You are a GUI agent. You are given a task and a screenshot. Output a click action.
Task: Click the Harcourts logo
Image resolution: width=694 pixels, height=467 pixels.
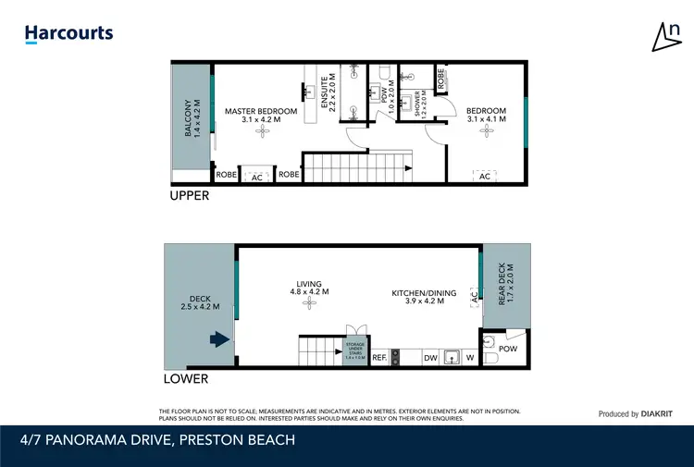pos(68,33)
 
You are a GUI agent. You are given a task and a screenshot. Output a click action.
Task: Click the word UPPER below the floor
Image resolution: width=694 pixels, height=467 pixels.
pos(189,196)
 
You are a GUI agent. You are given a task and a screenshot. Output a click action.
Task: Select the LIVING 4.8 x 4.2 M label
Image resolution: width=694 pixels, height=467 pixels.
pos(309,289)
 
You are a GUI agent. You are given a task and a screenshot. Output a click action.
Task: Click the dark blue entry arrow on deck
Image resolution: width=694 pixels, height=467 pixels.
pos(219,339)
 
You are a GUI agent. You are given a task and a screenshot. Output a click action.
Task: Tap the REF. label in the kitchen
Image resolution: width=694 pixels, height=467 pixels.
pos(378,357)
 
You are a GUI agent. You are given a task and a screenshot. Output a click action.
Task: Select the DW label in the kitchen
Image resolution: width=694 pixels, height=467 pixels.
pos(429,357)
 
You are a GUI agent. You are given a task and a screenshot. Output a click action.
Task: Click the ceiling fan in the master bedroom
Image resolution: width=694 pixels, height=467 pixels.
pos(261,133)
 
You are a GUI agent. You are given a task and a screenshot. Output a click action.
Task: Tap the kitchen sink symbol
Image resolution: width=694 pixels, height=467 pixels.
pos(452,356)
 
